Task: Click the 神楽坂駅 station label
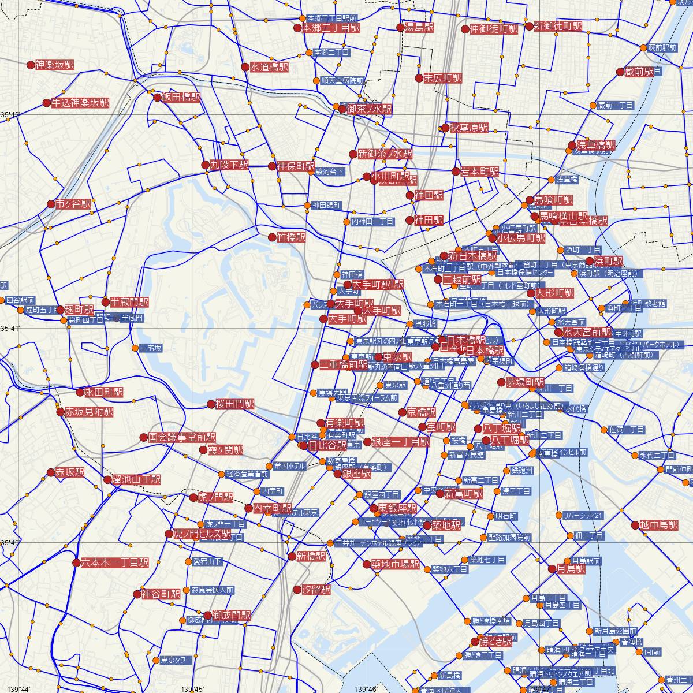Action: pyautogui.click(x=54, y=65)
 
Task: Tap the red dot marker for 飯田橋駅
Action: pyautogui.click(x=157, y=98)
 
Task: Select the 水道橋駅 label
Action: pyautogui.click(x=269, y=68)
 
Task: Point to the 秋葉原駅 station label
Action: pyautogui.click(x=470, y=128)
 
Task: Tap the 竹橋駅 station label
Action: pyautogui.click(x=291, y=237)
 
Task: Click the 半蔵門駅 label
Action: pyautogui.click(x=129, y=301)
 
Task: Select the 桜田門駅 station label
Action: pyautogui.click(x=234, y=404)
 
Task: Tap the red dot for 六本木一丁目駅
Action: pyautogui.click(x=76, y=562)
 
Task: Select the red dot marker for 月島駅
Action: pyautogui.click(x=552, y=569)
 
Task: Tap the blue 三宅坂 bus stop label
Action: pyautogui.click(x=151, y=348)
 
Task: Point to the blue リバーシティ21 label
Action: pyautogui.click(x=583, y=515)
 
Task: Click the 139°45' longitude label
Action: pyautogui.click(x=192, y=689)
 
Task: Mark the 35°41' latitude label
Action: pyautogui.click(x=10, y=329)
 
